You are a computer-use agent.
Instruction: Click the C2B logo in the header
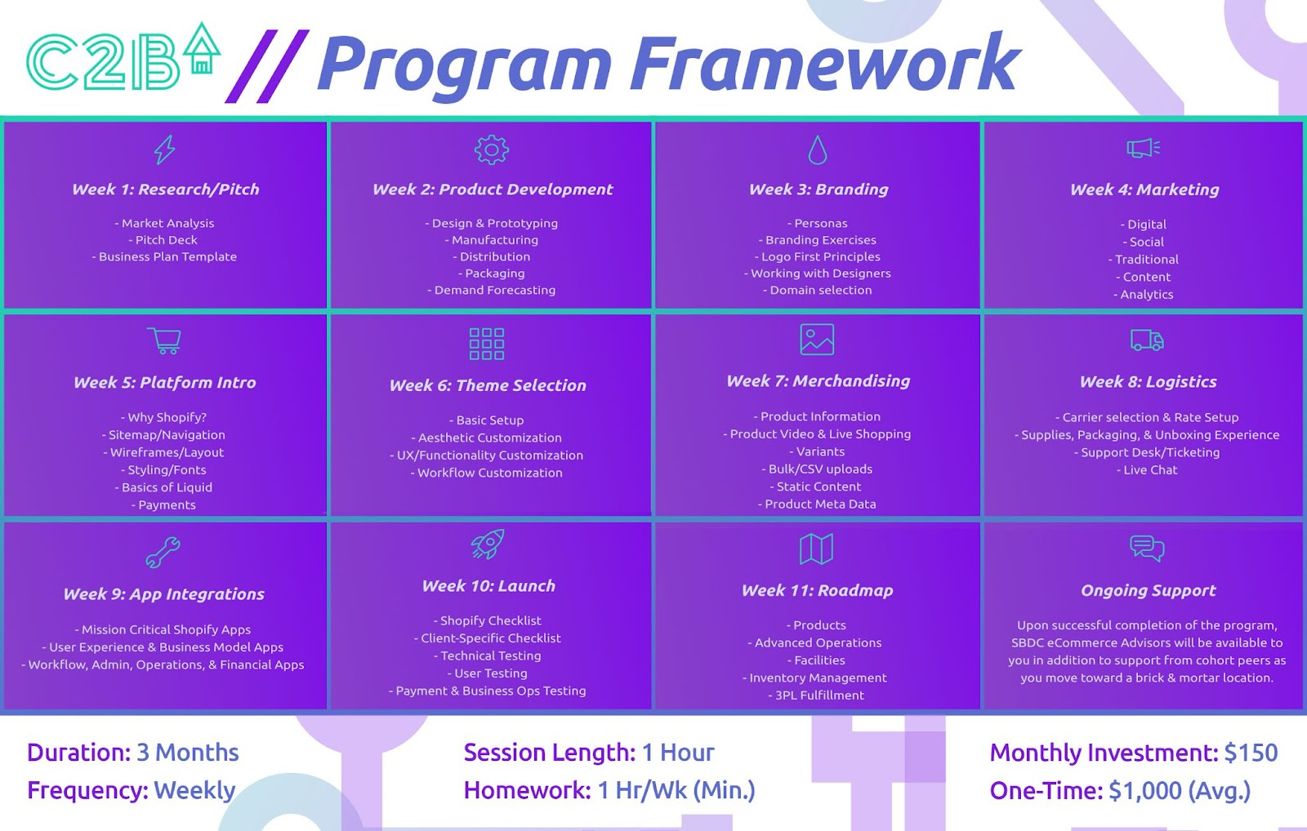[x=123, y=57]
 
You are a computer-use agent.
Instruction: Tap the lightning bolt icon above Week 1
[x=164, y=149]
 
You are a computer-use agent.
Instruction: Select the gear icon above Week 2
[x=491, y=150]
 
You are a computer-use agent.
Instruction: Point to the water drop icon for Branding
[x=818, y=150]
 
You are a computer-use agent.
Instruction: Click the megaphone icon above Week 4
[x=1143, y=148]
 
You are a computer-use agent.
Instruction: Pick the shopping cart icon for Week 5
[x=164, y=340]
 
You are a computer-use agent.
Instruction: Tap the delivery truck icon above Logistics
[x=1147, y=340]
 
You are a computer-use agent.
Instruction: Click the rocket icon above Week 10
[x=488, y=544]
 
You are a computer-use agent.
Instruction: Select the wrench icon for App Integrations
[x=163, y=553]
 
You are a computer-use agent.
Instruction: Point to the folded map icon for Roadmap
[x=816, y=549]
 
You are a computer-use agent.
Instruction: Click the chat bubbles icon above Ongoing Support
[x=1147, y=549]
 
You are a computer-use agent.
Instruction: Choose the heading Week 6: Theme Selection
[x=488, y=385]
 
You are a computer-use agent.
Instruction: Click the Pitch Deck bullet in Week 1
[x=163, y=240]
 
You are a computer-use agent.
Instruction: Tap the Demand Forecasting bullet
[x=491, y=290]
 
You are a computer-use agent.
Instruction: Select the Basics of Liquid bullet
[x=163, y=487]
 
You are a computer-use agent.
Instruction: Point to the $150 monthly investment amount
[x=1251, y=753]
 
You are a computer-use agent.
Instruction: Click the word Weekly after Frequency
[x=194, y=790]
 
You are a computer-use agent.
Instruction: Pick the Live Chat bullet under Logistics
[x=1147, y=469]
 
